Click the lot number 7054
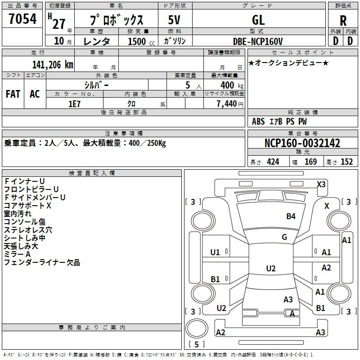[x=22, y=19]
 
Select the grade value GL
[x=258, y=20]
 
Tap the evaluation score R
[x=343, y=21]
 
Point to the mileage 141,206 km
[x=53, y=65]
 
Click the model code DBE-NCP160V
[x=257, y=41]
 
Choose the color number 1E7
[x=74, y=104]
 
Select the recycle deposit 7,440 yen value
[x=230, y=104]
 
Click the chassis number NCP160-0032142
[x=302, y=143]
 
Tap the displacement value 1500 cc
[x=141, y=41]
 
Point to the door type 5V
[x=174, y=20]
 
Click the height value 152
[x=346, y=162]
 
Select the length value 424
[x=273, y=162]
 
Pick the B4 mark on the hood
[x=291, y=216]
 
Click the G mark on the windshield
[x=284, y=237]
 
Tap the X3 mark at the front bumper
[x=321, y=184]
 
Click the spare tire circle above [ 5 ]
[x=197, y=328]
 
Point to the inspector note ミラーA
[x=17, y=254]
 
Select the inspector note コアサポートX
[x=27, y=206]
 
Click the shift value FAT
[x=13, y=94]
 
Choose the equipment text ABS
[x=258, y=121]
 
